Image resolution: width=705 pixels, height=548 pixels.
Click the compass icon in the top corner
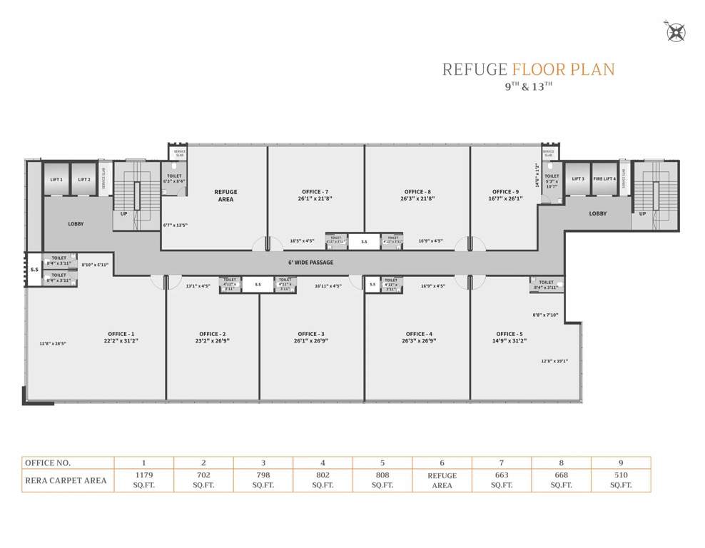tap(675, 32)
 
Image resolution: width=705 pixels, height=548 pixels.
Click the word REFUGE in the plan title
tap(474, 69)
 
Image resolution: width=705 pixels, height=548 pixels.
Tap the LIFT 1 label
tap(57, 180)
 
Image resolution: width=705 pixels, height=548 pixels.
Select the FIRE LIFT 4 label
tap(604, 179)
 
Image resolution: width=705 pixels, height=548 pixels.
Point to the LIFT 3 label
tap(578, 179)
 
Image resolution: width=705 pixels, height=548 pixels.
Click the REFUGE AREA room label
tap(225, 196)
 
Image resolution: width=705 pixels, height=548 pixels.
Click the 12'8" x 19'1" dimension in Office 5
tap(554, 361)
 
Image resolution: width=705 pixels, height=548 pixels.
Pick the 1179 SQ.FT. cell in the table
tap(143, 479)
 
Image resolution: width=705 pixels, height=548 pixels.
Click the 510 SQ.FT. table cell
tap(620, 479)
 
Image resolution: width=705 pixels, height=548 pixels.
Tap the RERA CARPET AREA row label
tap(66, 480)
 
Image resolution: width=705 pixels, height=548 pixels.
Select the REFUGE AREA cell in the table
tap(442, 479)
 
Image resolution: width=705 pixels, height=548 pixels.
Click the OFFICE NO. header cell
tap(49, 462)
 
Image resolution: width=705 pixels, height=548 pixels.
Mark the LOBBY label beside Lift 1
tap(76, 224)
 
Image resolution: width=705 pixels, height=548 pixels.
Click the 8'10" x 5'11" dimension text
tap(95, 265)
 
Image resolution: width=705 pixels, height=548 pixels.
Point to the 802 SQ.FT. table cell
tap(323, 479)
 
